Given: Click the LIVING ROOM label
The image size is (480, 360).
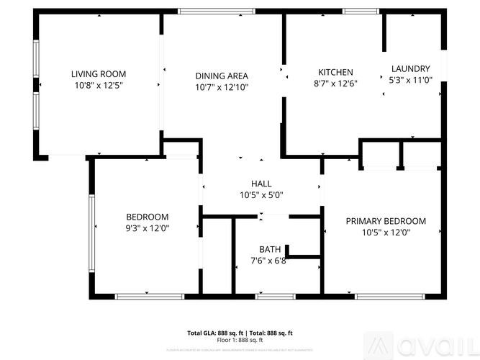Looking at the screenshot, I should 99,73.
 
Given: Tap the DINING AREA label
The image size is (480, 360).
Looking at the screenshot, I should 222,76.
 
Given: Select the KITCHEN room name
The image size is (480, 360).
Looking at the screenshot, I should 335,72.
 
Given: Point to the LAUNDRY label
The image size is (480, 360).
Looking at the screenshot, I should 410,69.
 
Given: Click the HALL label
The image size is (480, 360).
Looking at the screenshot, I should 261,184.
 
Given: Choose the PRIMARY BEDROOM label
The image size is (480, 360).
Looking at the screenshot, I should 386,221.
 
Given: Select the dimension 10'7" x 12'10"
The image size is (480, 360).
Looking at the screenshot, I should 222,87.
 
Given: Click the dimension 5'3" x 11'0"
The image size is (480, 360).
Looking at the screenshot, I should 410,80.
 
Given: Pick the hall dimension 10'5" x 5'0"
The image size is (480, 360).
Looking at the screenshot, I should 261,195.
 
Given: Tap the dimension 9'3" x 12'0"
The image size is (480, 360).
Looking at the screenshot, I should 147,228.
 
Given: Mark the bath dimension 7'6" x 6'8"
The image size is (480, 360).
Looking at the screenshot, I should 268,261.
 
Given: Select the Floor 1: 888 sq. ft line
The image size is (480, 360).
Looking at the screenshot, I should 240,339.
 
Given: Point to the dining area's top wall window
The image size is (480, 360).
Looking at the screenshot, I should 209,11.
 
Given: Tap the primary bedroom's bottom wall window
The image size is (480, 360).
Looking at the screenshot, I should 379,296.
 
